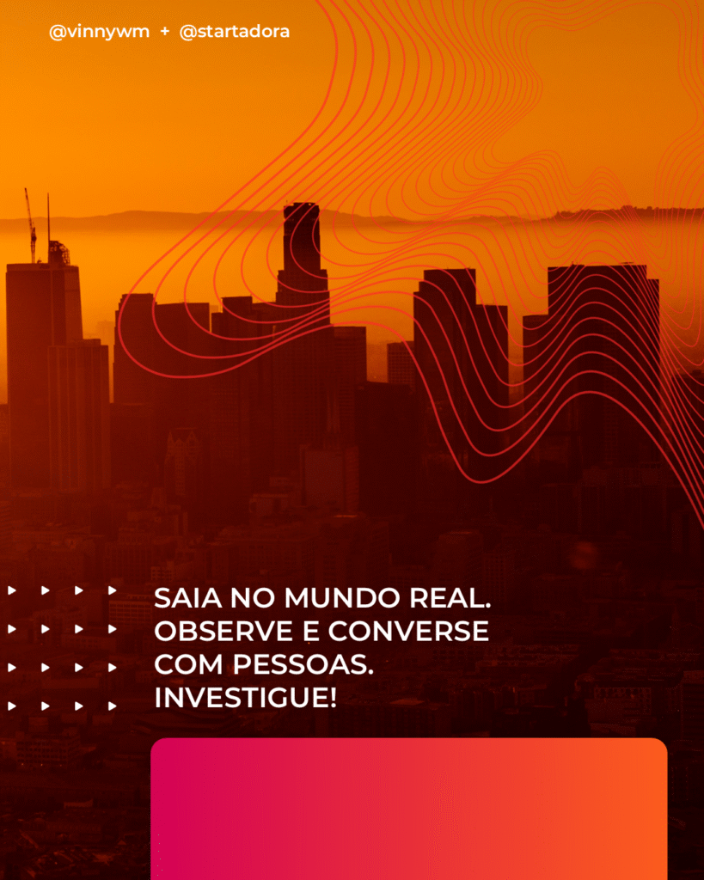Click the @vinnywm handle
pyautogui.click(x=100, y=33)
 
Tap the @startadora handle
pyautogui.click(x=235, y=32)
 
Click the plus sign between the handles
pyautogui.click(x=164, y=32)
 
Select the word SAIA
pyautogui.click(x=188, y=598)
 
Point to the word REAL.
pyautogui.click(x=450, y=598)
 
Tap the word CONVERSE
pyautogui.click(x=408, y=632)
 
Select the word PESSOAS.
pyautogui.click(x=303, y=665)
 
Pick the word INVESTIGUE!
pyautogui.click(x=246, y=698)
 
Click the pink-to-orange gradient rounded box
pyautogui.click(x=408, y=809)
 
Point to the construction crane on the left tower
pyautogui.click(x=31, y=224)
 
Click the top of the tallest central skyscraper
pyautogui.click(x=302, y=205)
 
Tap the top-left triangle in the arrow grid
pyautogui.click(x=12, y=590)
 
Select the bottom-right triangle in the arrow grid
pyautogui.click(x=113, y=706)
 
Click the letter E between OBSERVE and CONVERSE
pyautogui.click(x=311, y=632)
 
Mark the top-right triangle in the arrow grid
pyautogui.click(x=113, y=590)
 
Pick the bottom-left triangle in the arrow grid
pyautogui.click(x=12, y=706)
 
